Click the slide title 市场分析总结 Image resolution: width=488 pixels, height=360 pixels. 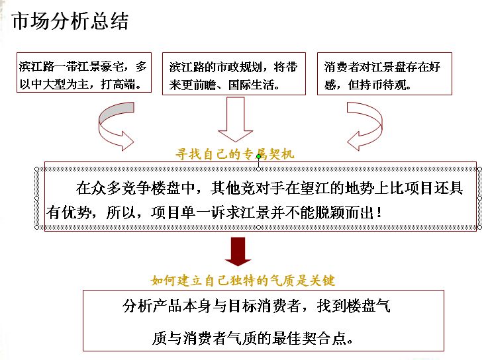point(70,21)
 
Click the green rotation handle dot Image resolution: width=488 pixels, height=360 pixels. point(258,157)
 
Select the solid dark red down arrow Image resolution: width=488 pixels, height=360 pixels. point(238,251)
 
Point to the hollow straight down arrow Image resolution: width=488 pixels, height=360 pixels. point(235,120)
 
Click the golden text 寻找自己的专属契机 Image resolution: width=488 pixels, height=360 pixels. point(234,154)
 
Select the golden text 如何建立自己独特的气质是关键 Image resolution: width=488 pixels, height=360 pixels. point(243,281)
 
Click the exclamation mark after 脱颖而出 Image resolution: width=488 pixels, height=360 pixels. point(379,213)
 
